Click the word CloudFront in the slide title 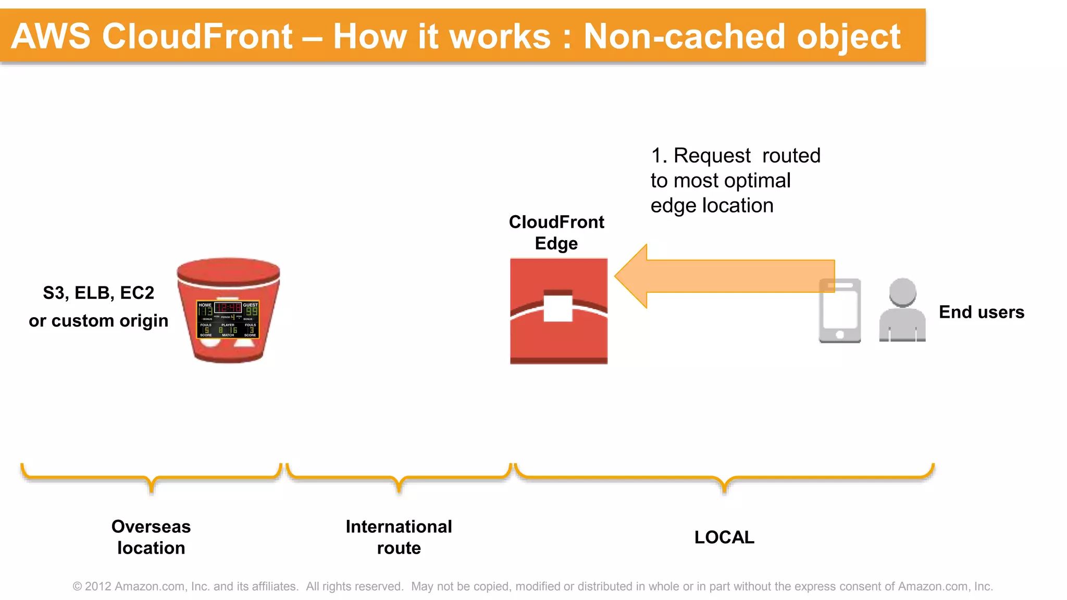coord(197,36)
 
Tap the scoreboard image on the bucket coord(228,319)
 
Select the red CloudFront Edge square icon coord(559,339)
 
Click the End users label coord(981,312)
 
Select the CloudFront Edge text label coord(556,232)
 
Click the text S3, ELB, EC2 coord(98,293)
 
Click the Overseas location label coord(151,537)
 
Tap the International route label coord(399,537)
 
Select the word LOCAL coord(724,537)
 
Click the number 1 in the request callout coord(656,156)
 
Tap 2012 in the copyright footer coord(98,586)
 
